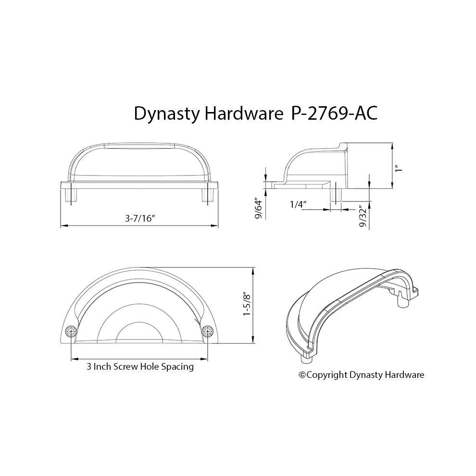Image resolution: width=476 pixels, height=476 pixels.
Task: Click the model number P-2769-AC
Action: tap(334, 114)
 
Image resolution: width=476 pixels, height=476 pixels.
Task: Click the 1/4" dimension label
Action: tap(297, 204)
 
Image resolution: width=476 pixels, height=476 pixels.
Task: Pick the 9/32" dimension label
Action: tap(363, 216)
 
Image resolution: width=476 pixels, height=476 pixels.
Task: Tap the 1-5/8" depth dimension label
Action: tap(248, 305)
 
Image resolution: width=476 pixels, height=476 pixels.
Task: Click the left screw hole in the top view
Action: tap(71, 331)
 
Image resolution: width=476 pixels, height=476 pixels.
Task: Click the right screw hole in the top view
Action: tap(207, 331)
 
